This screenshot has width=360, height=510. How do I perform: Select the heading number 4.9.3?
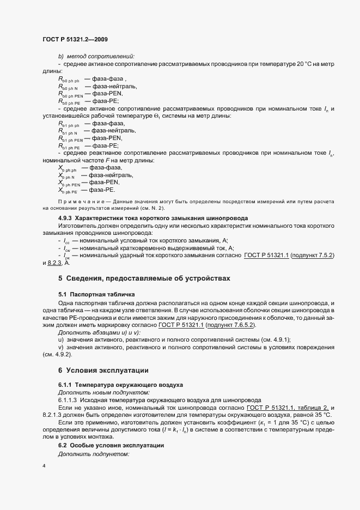coord(67,218)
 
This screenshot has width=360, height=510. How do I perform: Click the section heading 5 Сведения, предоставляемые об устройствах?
coord(144,278)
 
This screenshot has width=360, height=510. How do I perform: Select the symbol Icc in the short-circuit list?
coord(66,240)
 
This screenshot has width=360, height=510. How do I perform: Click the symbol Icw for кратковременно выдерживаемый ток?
coord(67,247)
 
